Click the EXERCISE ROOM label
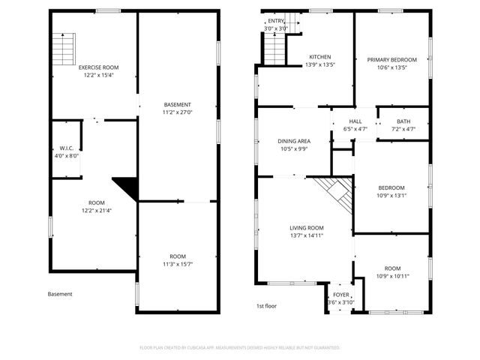coord(99,67)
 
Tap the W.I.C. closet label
coord(66,148)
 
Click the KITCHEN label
coord(320,57)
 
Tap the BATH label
coord(403,121)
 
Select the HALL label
coord(355,121)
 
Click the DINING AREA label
coord(294,140)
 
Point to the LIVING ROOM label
coord(307,228)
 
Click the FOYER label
coord(341,295)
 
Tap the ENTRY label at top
coord(277,21)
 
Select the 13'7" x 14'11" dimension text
coord(307,236)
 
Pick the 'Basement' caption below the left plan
coord(60,294)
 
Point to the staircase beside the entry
coord(274,49)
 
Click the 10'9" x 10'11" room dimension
coord(393,276)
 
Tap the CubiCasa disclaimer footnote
coord(240,348)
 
